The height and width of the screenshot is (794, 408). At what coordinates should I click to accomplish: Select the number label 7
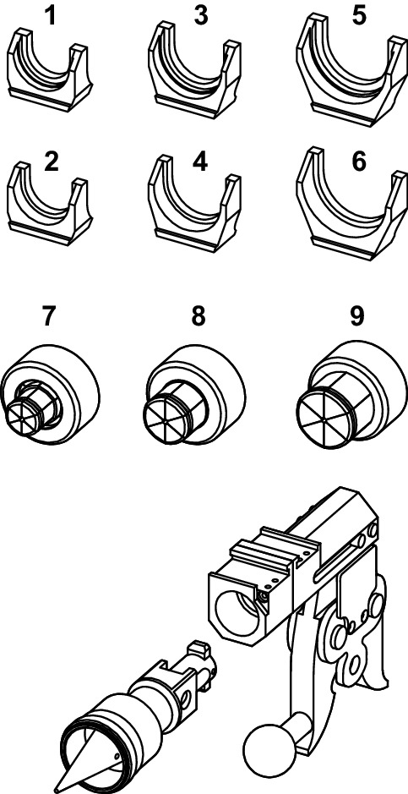[x=49, y=316]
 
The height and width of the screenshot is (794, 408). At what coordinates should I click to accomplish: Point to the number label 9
[x=357, y=316]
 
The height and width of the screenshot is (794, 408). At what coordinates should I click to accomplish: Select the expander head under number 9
[x=356, y=392]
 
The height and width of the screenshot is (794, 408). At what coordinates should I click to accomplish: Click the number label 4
[x=200, y=162]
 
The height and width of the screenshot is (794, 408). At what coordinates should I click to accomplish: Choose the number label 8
[x=199, y=316]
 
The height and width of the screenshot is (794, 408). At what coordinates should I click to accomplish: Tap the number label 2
[x=52, y=162]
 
